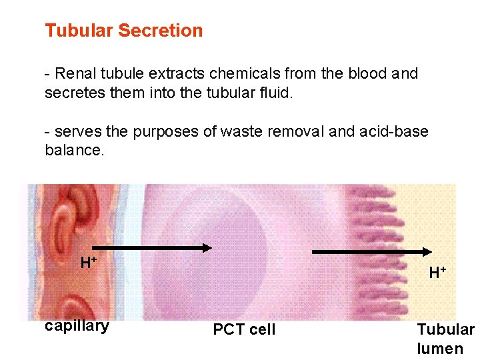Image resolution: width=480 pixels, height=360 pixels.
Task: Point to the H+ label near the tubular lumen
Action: click(x=437, y=272)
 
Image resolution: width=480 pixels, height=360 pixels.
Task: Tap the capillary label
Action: click(x=77, y=326)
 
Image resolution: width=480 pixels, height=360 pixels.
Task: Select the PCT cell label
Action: click(x=244, y=329)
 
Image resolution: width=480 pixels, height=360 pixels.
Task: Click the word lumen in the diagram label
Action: click(x=440, y=348)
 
